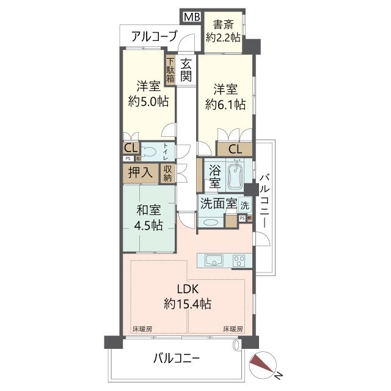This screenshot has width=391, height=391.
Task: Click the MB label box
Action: click(192, 17)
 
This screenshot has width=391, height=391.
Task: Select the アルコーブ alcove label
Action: click(154, 37)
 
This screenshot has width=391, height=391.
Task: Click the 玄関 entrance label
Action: click(186, 69)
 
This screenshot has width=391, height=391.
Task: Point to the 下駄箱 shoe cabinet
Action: click(170, 70)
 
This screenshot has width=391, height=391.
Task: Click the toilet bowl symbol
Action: click(153, 151)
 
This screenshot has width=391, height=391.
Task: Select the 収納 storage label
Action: click(167, 173)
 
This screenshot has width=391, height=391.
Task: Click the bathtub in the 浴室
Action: click(235, 177)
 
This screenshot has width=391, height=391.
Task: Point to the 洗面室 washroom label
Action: click(218, 204)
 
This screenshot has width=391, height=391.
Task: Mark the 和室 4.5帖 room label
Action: click(148, 218)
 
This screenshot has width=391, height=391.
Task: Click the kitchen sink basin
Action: click(214, 260)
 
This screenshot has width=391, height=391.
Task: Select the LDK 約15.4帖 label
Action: click(188, 296)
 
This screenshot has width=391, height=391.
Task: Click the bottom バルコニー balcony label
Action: click(177, 358)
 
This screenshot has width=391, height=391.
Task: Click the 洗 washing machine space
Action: click(244, 205)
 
